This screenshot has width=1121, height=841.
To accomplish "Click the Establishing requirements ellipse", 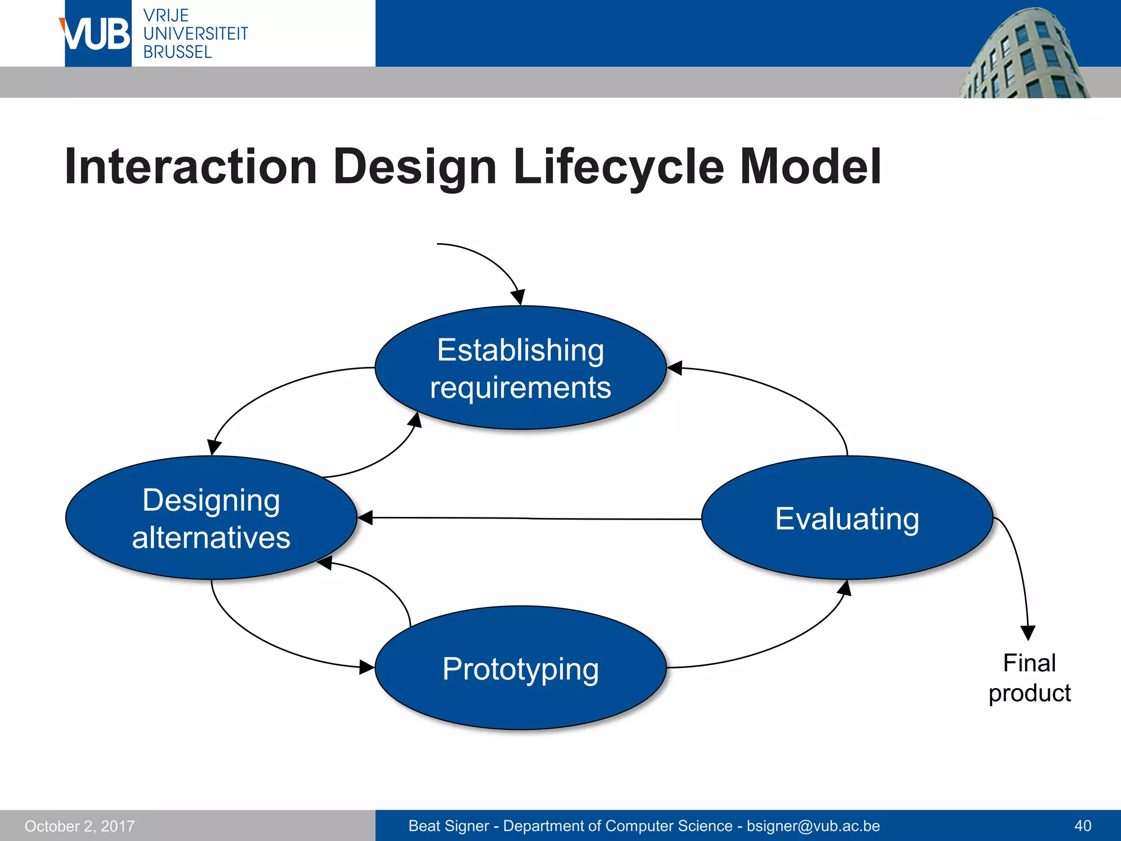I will [520, 368].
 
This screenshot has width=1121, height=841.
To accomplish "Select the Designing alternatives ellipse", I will [211, 518].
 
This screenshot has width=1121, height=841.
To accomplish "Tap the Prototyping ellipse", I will [520, 668].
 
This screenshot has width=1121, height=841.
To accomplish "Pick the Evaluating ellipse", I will [847, 518].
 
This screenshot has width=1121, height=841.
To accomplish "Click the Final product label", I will [1029, 678].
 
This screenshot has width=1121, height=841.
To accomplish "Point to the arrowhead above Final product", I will [1028, 632].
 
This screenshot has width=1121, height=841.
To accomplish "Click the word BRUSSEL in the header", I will [177, 53].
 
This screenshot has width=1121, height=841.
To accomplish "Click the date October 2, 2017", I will [80, 826].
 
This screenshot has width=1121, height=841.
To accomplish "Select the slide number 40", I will [1082, 826].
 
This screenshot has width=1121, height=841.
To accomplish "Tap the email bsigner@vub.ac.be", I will [813, 826].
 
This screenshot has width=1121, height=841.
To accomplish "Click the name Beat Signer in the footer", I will [449, 826].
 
